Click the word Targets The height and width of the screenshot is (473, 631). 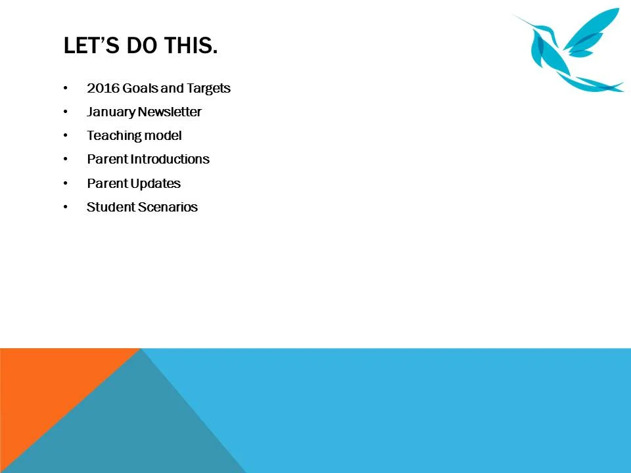[208, 88]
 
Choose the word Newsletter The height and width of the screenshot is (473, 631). [170, 112]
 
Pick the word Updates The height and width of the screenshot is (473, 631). [155, 183]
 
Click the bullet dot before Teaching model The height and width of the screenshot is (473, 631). [65, 135]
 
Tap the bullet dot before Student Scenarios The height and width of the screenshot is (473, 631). [65, 207]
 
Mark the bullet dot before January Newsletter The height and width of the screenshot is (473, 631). [65, 112]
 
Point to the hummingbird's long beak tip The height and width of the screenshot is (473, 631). [513, 15]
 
